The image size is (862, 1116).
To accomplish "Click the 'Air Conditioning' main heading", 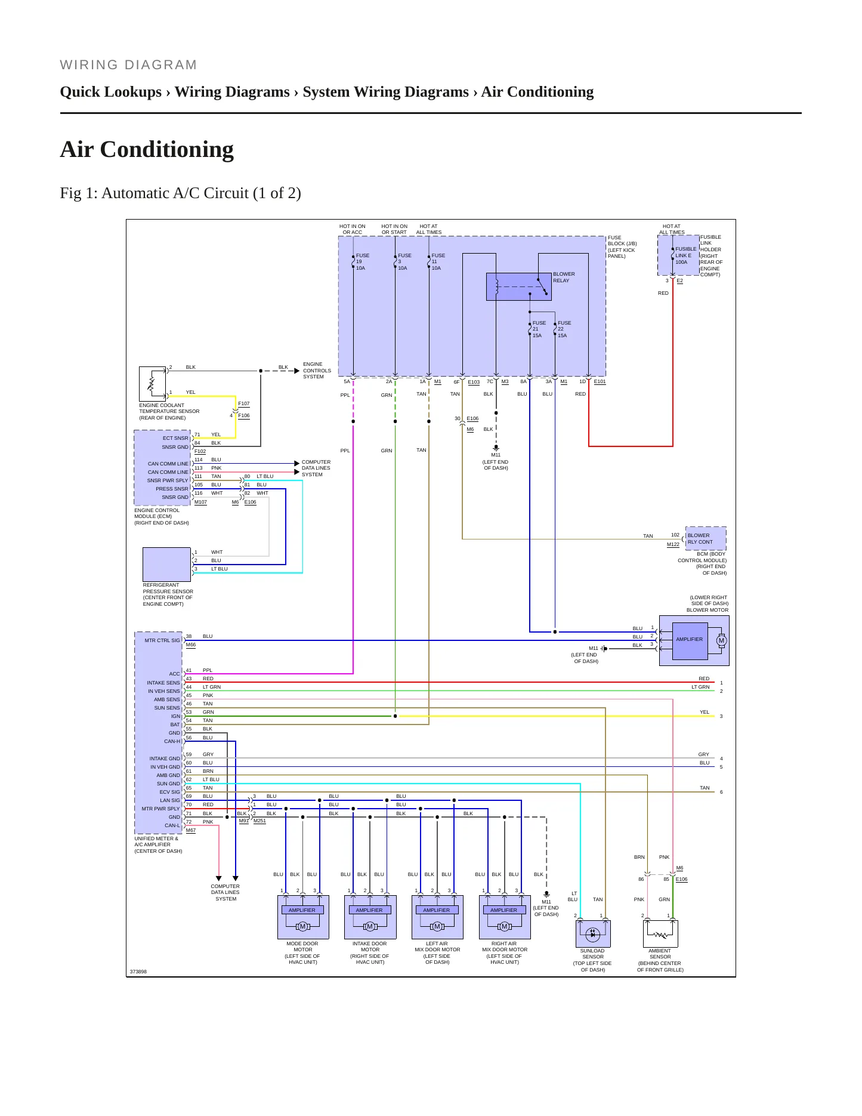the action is (x=147, y=149).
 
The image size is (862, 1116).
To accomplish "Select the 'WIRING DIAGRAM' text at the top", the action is (x=128, y=65).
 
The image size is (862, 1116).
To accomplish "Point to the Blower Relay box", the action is (x=519, y=286).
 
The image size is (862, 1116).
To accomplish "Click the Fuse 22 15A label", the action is (x=564, y=329).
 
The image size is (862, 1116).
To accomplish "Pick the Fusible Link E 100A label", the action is (x=685, y=255).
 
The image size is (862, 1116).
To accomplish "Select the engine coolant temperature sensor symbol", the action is (x=152, y=383).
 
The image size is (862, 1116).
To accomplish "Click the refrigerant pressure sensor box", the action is (x=166, y=564).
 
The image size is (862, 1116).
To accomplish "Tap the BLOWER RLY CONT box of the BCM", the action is (x=706, y=538).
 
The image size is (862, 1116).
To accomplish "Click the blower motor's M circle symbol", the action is (x=721, y=640).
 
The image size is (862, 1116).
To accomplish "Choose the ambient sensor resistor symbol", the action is (x=660, y=934).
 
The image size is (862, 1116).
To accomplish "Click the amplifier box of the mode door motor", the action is (x=302, y=910).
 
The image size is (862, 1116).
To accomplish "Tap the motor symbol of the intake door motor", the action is (x=370, y=927).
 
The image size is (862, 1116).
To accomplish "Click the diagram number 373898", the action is (x=138, y=972).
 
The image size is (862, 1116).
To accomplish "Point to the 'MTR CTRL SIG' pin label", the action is (x=162, y=640).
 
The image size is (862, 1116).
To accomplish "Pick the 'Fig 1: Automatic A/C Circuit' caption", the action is (x=180, y=193).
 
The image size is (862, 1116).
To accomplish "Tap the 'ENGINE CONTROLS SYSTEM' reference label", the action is (x=317, y=371).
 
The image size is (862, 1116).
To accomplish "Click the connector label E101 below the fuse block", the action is (x=600, y=382).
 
